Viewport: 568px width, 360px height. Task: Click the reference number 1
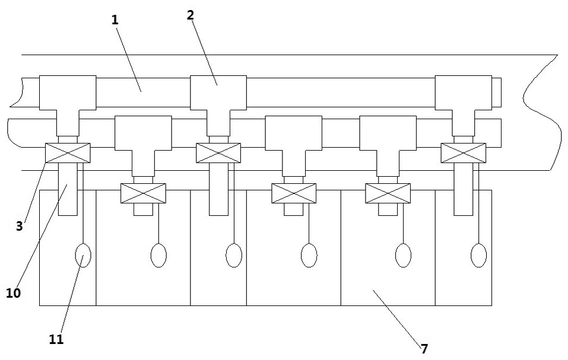point(115,19)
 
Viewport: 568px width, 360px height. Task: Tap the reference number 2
point(190,15)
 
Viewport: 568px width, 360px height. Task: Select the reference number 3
point(19,226)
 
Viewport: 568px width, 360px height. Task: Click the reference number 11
point(57,340)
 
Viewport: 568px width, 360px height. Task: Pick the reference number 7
point(424,348)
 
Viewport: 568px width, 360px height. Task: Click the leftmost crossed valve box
point(67,152)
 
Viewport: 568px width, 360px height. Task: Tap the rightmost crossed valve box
point(463,152)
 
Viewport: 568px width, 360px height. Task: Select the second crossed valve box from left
point(142,193)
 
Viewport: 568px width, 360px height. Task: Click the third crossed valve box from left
point(218,152)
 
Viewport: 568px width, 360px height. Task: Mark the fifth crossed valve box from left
point(388,193)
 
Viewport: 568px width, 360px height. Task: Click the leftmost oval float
point(83,256)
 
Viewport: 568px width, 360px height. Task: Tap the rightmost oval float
point(478,256)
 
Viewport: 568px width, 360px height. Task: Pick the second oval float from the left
point(158,256)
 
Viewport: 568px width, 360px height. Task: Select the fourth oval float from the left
point(309,256)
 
